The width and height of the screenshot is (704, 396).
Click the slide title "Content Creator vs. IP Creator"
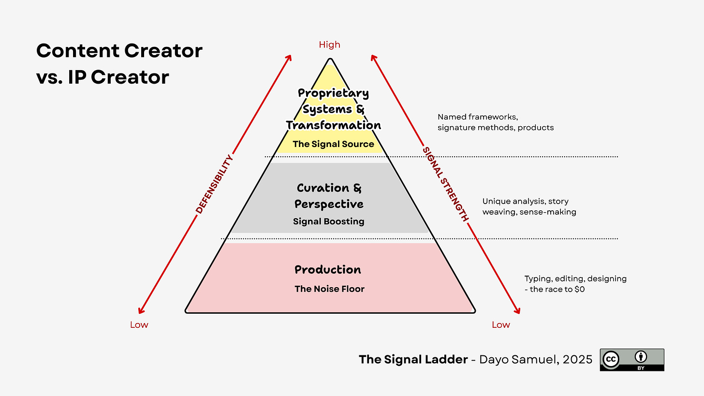click(x=119, y=64)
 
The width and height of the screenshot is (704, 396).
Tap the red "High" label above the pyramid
click(x=329, y=44)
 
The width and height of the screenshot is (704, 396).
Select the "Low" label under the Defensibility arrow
click(x=139, y=324)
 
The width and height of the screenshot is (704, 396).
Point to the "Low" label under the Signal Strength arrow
click(x=500, y=324)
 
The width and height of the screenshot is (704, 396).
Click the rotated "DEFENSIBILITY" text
click(x=214, y=184)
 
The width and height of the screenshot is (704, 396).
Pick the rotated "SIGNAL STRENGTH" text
click(x=446, y=184)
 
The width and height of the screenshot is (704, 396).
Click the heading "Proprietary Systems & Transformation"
click(x=333, y=109)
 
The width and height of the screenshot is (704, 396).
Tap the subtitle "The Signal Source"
click(x=333, y=144)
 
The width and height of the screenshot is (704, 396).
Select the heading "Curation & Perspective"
click(x=329, y=196)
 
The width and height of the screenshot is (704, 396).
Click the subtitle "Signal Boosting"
click(x=329, y=221)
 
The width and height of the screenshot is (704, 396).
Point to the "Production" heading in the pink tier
click(x=328, y=269)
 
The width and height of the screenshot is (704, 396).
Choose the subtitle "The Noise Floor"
click(x=329, y=289)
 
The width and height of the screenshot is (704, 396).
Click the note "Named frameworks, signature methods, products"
click(x=496, y=122)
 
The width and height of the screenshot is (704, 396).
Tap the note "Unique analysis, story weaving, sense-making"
click(x=529, y=206)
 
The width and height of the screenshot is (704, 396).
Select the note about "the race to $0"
click(x=575, y=284)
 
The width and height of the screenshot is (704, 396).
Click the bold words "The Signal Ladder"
click(x=413, y=359)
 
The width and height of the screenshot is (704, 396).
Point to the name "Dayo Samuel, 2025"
click(x=535, y=359)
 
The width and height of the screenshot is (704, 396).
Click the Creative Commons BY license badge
click(x=631, y=360)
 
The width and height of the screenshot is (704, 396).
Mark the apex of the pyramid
click(x=330, y=59)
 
